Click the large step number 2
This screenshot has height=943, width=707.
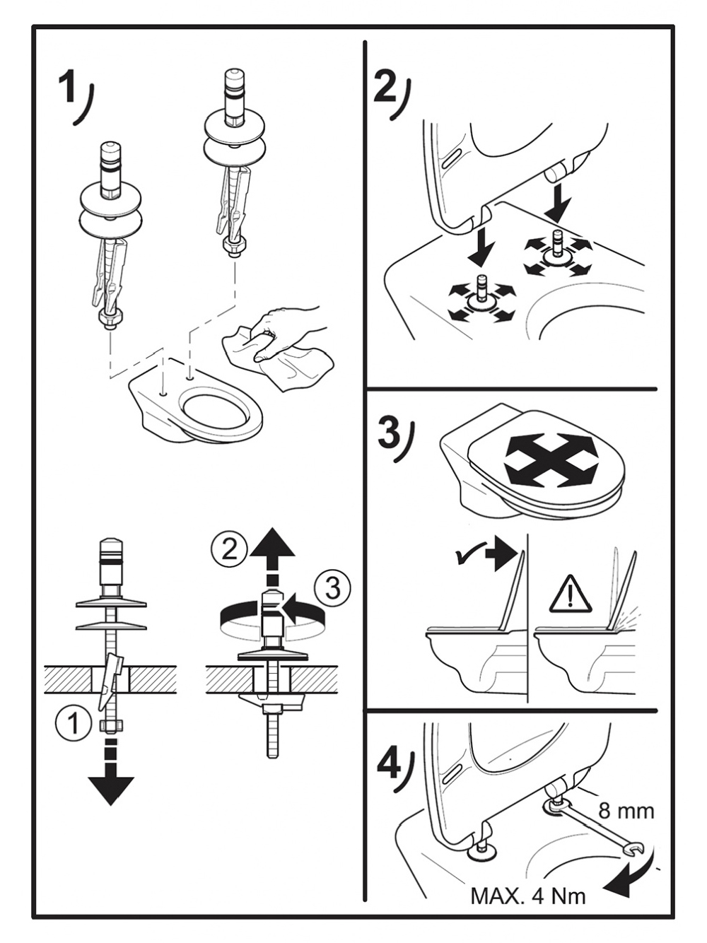point(385,87)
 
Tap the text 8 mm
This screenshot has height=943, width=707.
point(626,810)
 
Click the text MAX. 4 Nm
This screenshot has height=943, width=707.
point(527,896)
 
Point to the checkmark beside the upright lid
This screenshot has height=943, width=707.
point(468,558)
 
